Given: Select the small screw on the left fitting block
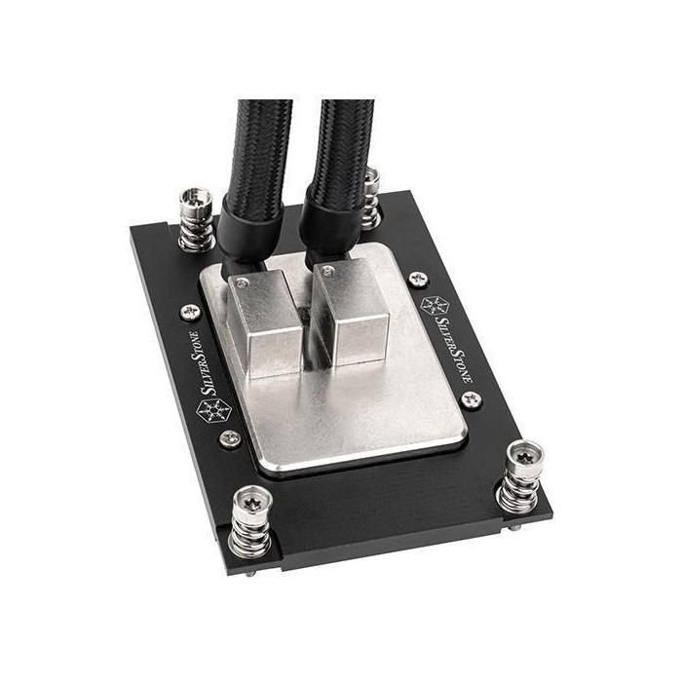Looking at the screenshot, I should pyautogui.click(x=242, y=282).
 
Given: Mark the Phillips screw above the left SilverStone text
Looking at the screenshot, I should pyautogui.click(x=190, y=311).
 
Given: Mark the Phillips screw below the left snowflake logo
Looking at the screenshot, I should pyautogui.click(x=230, y=438).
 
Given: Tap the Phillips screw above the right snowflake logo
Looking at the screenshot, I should pyautogui.click(x=418, y=279).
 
